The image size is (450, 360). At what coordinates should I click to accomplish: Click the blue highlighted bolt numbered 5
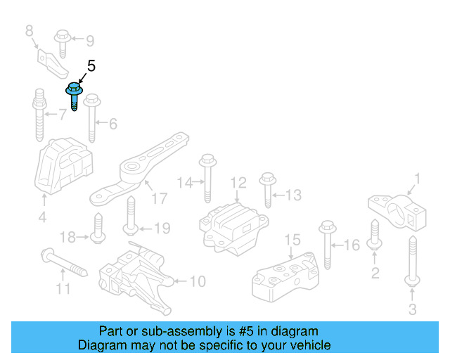pyautogui.click(x=73, y=97)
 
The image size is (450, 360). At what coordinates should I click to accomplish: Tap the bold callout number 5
pyautogui.click(x=91, y=66)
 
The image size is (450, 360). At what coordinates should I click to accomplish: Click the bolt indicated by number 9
pyautogui.click(x=61, y=42)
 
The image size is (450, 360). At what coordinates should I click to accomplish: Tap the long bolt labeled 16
pyautogui.click(x=328, y=246)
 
